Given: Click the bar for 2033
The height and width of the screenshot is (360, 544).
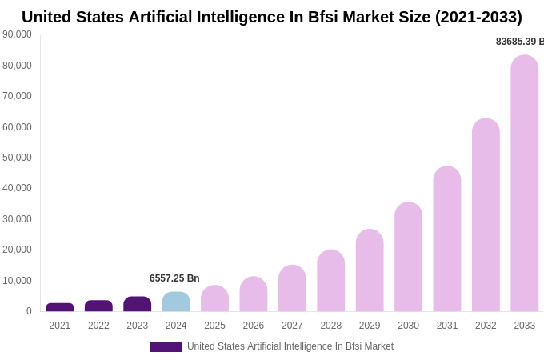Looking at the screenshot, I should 524,183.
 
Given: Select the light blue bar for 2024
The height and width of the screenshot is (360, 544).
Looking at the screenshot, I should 176,302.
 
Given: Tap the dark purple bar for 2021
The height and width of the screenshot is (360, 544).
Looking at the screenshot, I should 60,307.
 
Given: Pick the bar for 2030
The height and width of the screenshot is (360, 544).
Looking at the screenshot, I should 408,257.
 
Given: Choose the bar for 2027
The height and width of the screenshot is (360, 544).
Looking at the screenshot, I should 292,288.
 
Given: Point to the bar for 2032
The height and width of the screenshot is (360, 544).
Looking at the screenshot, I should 486,215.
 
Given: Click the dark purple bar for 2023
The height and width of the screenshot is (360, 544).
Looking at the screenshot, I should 138,304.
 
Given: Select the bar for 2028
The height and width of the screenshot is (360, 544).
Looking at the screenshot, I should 330,281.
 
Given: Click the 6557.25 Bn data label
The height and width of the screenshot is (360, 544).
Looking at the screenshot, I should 174,278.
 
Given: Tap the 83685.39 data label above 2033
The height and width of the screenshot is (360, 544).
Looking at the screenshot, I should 519,42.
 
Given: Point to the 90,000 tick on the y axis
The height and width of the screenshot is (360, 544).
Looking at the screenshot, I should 17,34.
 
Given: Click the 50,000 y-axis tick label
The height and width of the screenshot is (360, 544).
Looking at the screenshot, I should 17,158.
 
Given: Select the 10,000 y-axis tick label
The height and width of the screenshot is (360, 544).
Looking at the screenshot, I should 17,281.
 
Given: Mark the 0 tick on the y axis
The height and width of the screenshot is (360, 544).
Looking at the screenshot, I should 29,311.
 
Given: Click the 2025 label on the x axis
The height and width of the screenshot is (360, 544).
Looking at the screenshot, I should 214,326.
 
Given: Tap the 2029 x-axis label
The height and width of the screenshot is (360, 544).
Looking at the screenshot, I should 370,326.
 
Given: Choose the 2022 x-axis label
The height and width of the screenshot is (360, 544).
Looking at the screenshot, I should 98,326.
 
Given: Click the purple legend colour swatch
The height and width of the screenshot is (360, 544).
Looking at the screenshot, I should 166,347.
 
